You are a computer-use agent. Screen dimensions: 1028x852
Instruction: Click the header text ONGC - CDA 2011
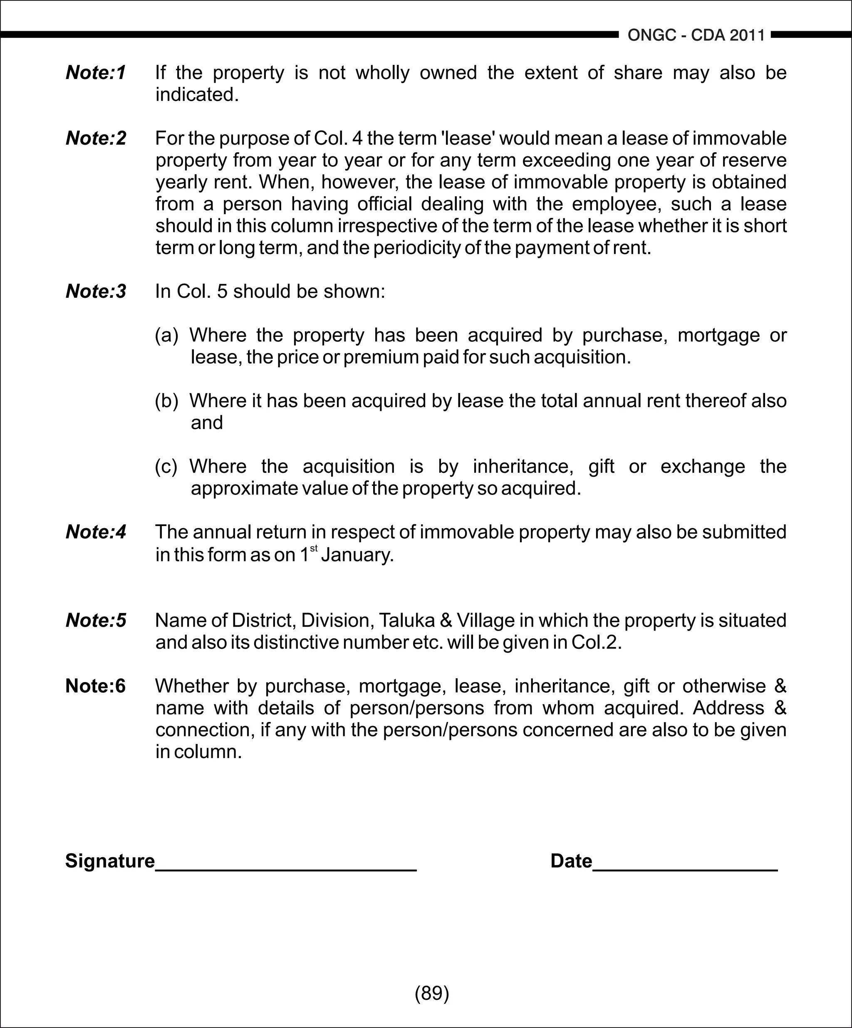[696, 35]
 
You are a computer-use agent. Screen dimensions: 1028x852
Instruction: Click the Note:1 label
[96, 72]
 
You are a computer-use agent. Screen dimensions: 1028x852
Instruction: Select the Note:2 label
[96, 138]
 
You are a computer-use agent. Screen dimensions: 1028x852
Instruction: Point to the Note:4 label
[96, 532]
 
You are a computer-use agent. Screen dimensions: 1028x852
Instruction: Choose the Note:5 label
[96, 621]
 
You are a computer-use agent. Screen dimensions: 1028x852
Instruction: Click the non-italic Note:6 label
[96, 686]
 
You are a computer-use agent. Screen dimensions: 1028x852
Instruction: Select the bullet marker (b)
[166, 401]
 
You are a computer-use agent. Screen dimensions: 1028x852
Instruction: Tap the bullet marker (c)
[166, 467]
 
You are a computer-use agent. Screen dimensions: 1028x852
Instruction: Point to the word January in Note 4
[357, 555]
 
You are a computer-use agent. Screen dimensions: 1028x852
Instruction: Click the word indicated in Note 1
[197, 95]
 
